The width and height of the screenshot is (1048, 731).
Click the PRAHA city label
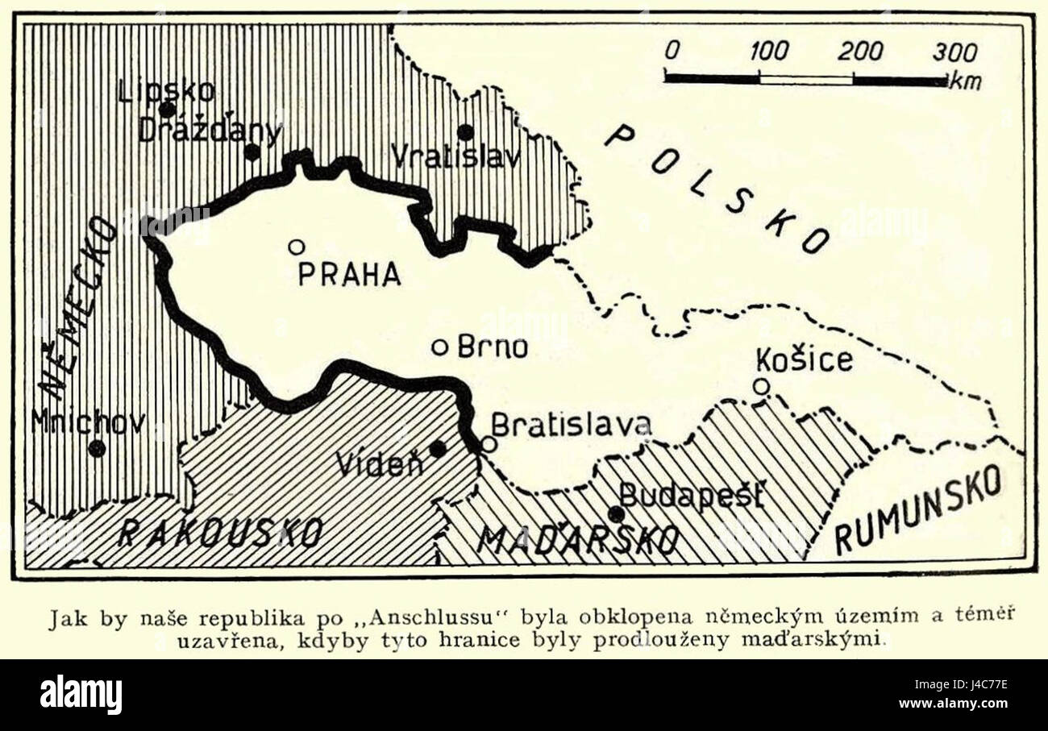click(348, 274)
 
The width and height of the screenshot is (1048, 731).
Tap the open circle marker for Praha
click(296, 247)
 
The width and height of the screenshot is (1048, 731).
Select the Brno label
click(492, 347)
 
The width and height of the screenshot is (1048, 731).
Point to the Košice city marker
click(760, 387)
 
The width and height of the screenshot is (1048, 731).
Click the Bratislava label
click(571, 425)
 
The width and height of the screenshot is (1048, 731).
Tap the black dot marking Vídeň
click(438, 448)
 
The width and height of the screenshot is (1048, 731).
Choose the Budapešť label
click(691, 495)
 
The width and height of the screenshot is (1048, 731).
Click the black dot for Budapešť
click(616, 514)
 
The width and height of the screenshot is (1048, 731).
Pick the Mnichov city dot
click(97, 448)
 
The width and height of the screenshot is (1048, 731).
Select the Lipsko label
click(166, 90)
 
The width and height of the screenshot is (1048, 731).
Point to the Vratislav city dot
click(465, 132)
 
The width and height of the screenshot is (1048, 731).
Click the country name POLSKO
click(717, 189)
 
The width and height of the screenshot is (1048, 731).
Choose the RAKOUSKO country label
click(220, 533)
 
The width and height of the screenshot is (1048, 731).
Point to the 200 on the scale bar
click(859, 52)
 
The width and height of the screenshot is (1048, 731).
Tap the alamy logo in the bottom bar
click(81, 695)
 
